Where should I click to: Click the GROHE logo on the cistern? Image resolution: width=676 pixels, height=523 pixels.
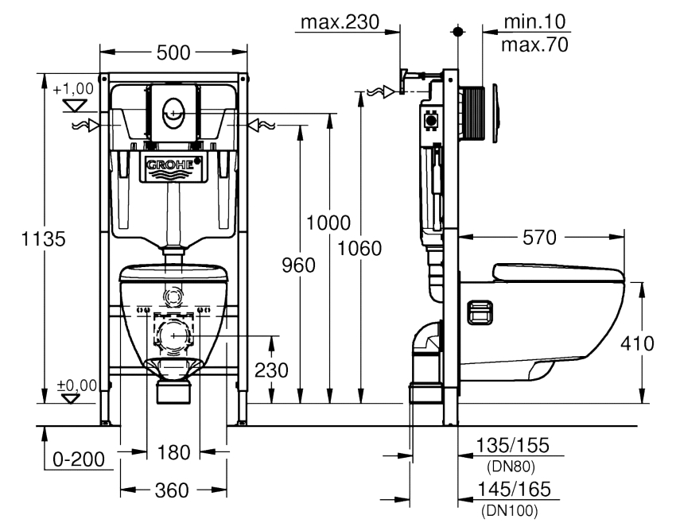170,165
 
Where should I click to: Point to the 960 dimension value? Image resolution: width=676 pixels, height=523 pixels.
299,265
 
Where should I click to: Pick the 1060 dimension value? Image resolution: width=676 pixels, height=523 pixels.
360,248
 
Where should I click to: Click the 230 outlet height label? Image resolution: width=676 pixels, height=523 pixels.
272,370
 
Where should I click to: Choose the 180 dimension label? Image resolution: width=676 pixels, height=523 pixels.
173,453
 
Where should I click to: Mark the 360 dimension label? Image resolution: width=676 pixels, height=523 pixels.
173,491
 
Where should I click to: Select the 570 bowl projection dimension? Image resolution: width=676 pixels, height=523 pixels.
539,237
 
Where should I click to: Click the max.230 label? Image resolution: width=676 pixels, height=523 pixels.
339,21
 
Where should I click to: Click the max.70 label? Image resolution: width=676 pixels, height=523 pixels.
534,45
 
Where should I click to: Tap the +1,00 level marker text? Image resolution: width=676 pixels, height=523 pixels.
73,88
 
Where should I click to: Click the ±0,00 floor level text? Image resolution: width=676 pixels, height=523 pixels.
77,385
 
